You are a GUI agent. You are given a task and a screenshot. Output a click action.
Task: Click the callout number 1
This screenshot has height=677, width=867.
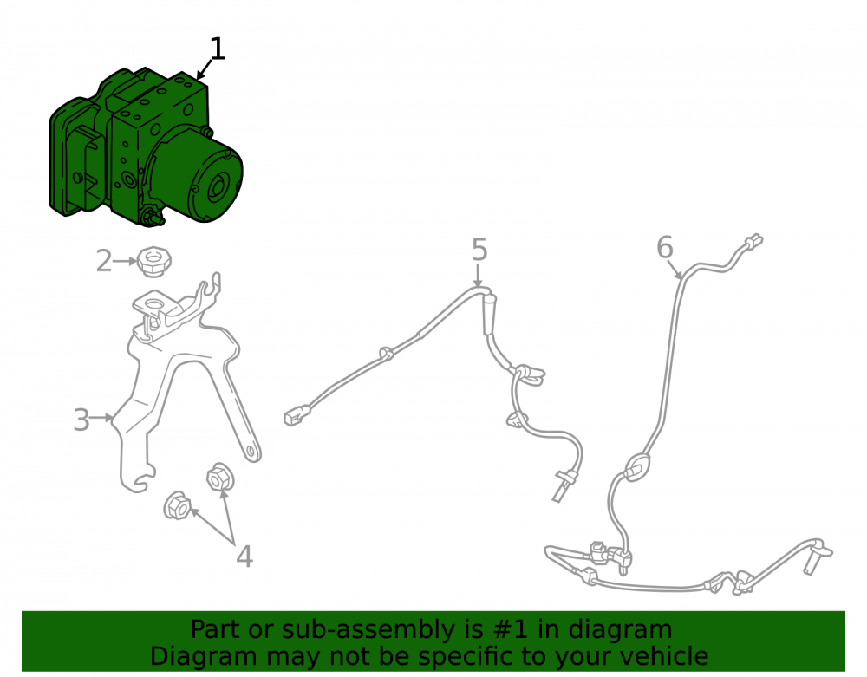point(218,49)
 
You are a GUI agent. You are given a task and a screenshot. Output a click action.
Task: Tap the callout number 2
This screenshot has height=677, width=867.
point(103,261)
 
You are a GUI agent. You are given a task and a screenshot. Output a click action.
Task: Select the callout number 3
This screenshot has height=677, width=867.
point(81,420)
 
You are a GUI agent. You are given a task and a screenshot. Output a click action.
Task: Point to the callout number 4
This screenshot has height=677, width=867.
point(244,557)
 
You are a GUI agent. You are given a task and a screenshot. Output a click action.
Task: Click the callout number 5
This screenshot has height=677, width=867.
point(479,250)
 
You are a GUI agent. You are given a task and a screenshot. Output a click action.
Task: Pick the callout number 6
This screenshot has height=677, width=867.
point(665,247)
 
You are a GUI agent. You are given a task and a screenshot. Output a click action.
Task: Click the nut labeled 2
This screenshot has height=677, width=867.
point(153,262)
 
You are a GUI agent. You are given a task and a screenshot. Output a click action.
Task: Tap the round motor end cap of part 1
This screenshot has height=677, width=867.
point(219,186)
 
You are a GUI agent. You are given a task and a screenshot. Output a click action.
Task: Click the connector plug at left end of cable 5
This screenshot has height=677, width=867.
point(297,415)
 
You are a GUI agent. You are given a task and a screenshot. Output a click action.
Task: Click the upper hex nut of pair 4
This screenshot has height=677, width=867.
point(220,478)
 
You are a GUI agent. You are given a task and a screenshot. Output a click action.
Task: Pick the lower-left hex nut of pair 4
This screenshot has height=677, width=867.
point(177,505)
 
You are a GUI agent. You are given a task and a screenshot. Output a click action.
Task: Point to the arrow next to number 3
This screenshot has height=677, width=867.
point(101,418)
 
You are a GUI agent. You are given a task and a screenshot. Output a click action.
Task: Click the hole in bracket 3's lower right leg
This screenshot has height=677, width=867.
point(251,452)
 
